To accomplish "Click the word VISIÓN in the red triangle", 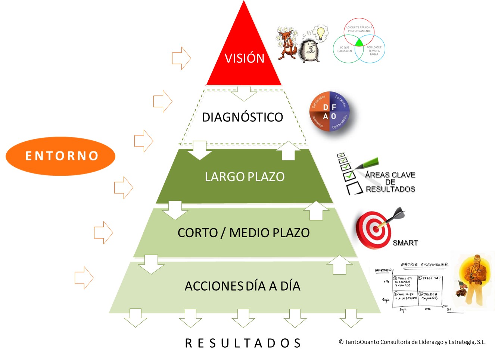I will (245, 58).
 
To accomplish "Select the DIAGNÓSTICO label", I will (242, 117).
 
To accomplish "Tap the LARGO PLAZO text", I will (245, 177).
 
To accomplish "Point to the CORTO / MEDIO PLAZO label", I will (243, 233).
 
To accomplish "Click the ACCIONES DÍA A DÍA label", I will (242, 286).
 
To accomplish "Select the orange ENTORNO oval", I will (60, 156).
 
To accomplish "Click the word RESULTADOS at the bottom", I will (243, 343).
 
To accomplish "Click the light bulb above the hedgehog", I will (320, 33).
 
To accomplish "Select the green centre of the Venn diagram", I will (359, 43).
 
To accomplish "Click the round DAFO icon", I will (329, 111).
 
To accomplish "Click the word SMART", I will (405, 243).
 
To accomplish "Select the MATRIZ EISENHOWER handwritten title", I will (424, 264).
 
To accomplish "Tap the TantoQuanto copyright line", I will (412, 342).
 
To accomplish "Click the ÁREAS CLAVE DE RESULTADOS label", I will (390, 182).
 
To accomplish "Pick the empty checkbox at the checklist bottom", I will (354, 188).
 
